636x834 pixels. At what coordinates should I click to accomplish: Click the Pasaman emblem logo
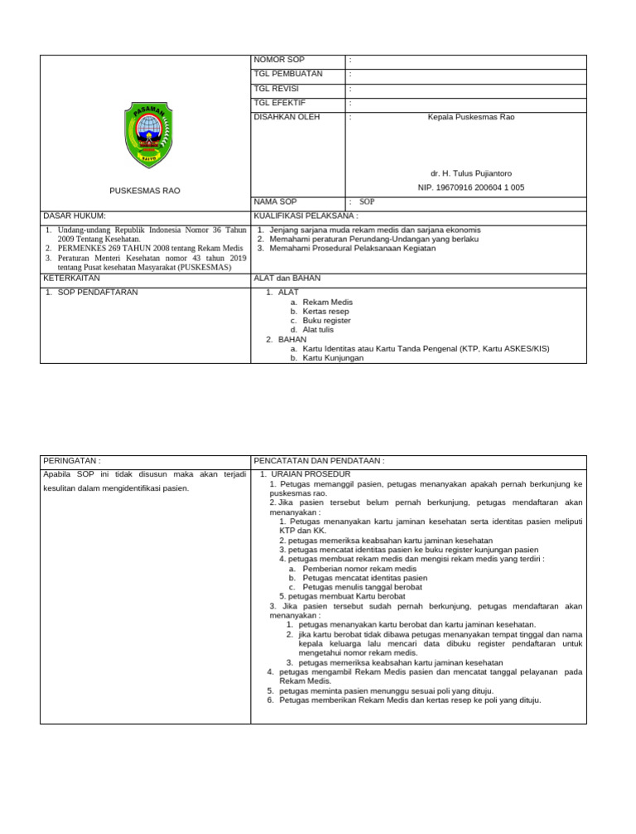pyautogui.click(x=150, y=134)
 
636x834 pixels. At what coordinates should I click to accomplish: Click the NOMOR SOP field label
pyautogui.click(x=279, y=61)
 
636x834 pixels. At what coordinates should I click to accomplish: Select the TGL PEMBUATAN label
pyautogui.click(x=288, y=75)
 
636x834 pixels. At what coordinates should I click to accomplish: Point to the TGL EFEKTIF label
pyautogui.click(x=280, y=103)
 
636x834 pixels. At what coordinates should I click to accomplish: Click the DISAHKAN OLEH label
pyautogui.click(x=286, y=118)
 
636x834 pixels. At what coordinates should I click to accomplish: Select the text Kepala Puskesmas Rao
pyautogui.click(x=470, y=118)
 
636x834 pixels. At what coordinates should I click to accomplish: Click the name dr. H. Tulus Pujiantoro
pyautogui.click(x=470, y=173)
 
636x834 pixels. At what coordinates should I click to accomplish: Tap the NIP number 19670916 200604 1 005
pyautogui.click(x=470, y=188)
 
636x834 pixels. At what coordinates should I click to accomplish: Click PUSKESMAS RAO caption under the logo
pyautogui.click(x=145, y=191)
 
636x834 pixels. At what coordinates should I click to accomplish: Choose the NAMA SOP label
pyautogui.click(x=277, y=201)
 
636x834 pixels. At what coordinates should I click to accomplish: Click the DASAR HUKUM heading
pyautogui.click(x=75, y=216)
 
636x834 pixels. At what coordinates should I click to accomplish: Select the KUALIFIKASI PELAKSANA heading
pyautogui.click(x=306, y=216)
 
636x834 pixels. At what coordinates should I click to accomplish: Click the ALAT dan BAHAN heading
pyautogui.click(x=287, y=279)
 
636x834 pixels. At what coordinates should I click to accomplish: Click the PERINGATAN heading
pyautogui.click(x=72, y=460)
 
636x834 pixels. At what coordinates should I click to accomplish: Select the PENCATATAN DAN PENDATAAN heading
pyautogui.click(x=320, y=460)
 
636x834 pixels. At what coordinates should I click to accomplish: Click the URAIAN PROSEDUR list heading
pyautogui.click(x=310, y=474)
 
